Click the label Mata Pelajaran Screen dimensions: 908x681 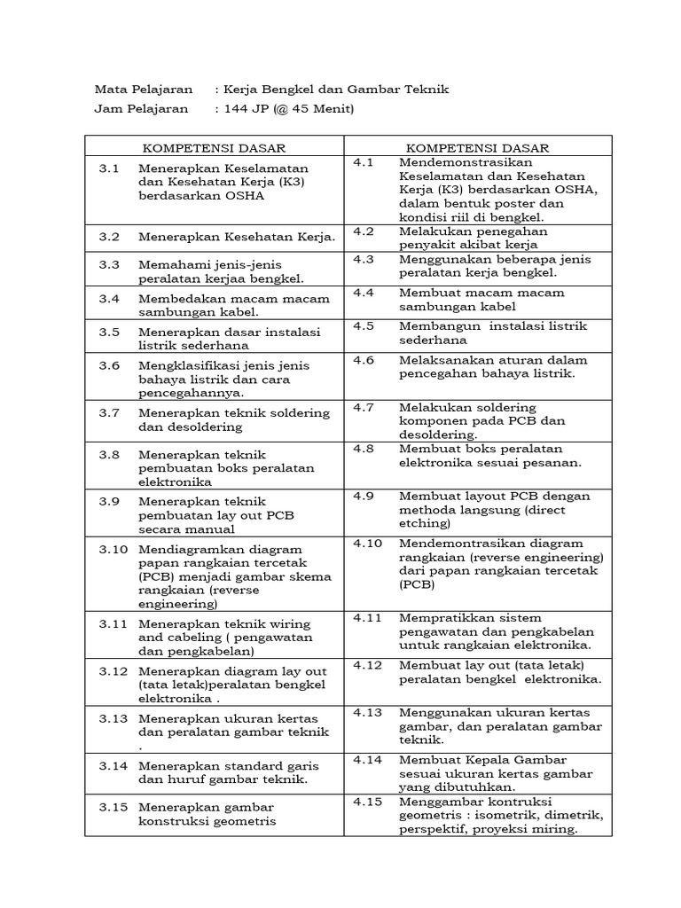143,90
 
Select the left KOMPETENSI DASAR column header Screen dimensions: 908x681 214,148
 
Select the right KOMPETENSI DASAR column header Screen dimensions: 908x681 477,148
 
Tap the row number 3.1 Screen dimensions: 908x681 109,168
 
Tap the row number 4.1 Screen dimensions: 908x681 364,162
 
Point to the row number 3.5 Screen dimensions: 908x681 109,332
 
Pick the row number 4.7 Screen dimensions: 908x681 364,406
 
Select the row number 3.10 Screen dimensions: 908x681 113,549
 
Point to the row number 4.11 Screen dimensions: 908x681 367,616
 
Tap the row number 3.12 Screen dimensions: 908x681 113,670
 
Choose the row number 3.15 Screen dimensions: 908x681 113,807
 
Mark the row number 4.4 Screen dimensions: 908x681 364,292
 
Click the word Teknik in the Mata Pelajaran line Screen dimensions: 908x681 427,90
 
